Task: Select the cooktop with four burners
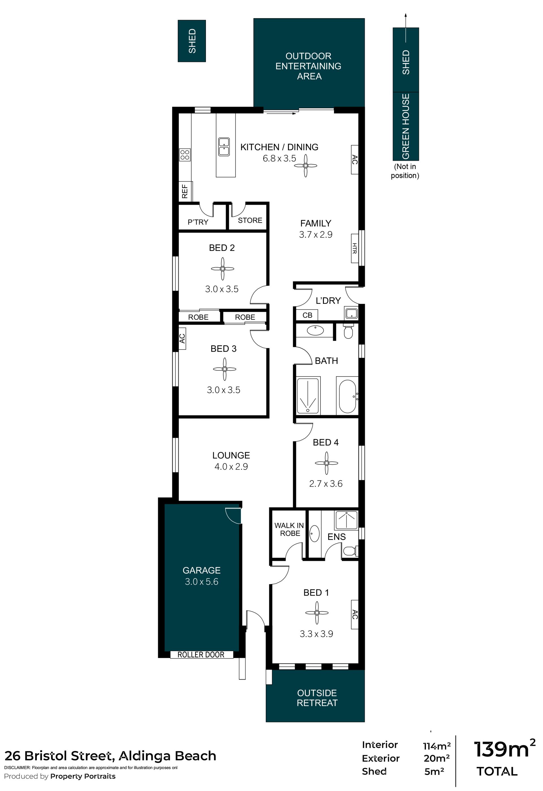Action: point(185,155)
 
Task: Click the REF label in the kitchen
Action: point(185,191)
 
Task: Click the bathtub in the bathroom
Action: point(348,396)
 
